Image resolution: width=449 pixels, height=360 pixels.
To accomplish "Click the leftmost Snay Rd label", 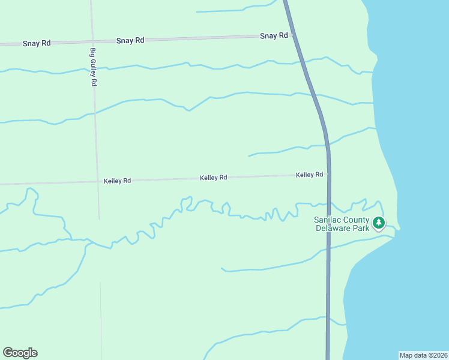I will (x=37, y=44).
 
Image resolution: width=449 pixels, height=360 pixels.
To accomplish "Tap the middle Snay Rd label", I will (x=130, y=40).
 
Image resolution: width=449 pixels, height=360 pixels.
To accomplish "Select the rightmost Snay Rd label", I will (x=274, y=36).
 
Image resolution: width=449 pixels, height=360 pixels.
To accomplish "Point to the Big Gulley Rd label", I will (x=93, y=67).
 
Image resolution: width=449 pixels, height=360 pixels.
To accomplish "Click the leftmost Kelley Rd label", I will (x=117, y=181).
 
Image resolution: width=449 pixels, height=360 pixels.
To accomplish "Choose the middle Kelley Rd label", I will (x=213, y=178).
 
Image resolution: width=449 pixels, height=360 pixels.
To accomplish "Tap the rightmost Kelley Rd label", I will (x=309, y=175).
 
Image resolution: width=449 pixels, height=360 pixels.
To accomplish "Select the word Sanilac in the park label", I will (x=328, y=220).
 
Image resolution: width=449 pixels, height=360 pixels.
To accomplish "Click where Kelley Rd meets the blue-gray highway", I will (x=328, y=175).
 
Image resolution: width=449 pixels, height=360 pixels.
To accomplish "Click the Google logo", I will (x=20, y=353).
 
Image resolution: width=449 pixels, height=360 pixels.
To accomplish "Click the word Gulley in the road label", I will (x=93, y=67).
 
